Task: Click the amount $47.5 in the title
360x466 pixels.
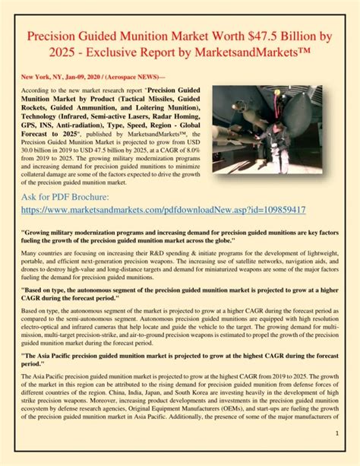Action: click(269, 38)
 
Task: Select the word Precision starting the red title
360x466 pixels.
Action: click(58, 38)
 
